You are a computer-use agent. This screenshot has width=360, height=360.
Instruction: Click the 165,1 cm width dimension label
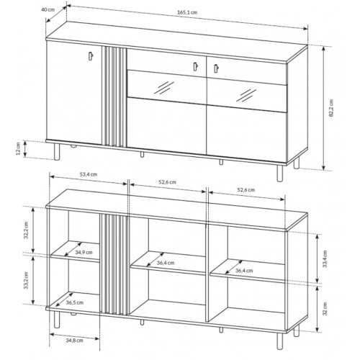[x=187, y=12]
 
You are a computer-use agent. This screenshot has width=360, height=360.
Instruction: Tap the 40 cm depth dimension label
[x=48, y=9]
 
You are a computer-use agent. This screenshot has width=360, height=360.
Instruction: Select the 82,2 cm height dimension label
[x=331, y=108]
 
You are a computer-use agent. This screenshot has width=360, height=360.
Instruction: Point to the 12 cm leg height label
[x=18, y=149]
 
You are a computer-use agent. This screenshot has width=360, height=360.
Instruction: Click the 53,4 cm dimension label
[x=89, y=174]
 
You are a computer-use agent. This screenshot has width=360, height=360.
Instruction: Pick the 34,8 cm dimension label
[x=74, y=340]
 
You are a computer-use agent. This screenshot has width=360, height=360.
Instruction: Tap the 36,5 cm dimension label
[x=75, y=302]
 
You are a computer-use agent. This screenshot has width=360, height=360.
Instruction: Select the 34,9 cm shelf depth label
[x=84, y=252]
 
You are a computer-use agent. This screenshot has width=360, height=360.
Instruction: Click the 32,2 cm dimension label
[x=26, y=230]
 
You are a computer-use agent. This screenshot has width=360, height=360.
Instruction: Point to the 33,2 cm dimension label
[x=26, y=280]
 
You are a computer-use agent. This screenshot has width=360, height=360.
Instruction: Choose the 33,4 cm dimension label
[x=325, y=258]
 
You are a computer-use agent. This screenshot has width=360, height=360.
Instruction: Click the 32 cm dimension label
[x=325, y=309]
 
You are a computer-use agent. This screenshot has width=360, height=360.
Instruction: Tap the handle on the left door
[x=91, y=55]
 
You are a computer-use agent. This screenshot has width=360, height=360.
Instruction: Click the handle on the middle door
[x=195, y=66]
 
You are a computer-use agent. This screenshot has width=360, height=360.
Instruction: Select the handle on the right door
[x=216, y=68]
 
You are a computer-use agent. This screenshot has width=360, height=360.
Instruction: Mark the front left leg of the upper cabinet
[x=57, y=152]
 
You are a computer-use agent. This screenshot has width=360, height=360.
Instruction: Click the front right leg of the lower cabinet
[x=279, y=341]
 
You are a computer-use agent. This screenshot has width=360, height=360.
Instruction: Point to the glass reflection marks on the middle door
[x=164, y=88]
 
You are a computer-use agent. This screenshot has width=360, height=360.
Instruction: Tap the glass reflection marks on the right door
[x=246, y=95]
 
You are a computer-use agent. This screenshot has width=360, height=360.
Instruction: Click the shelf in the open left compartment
[x=75, y=251]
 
